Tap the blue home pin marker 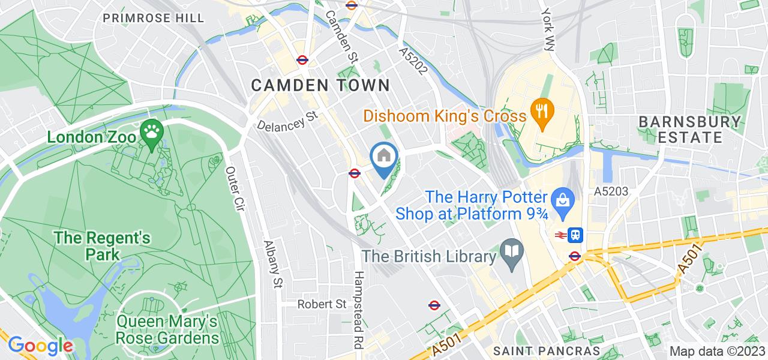click(384, 157)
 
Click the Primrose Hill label click(153, 18)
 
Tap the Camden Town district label click(320, 85)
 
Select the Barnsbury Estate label click(689, 129)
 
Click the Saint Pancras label click(546, 350)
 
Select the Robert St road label click(323, 304)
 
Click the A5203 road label click(610, 192)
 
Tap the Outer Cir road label click(234, 189)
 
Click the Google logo click(40, 346)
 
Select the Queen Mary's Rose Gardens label click(168, 330)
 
